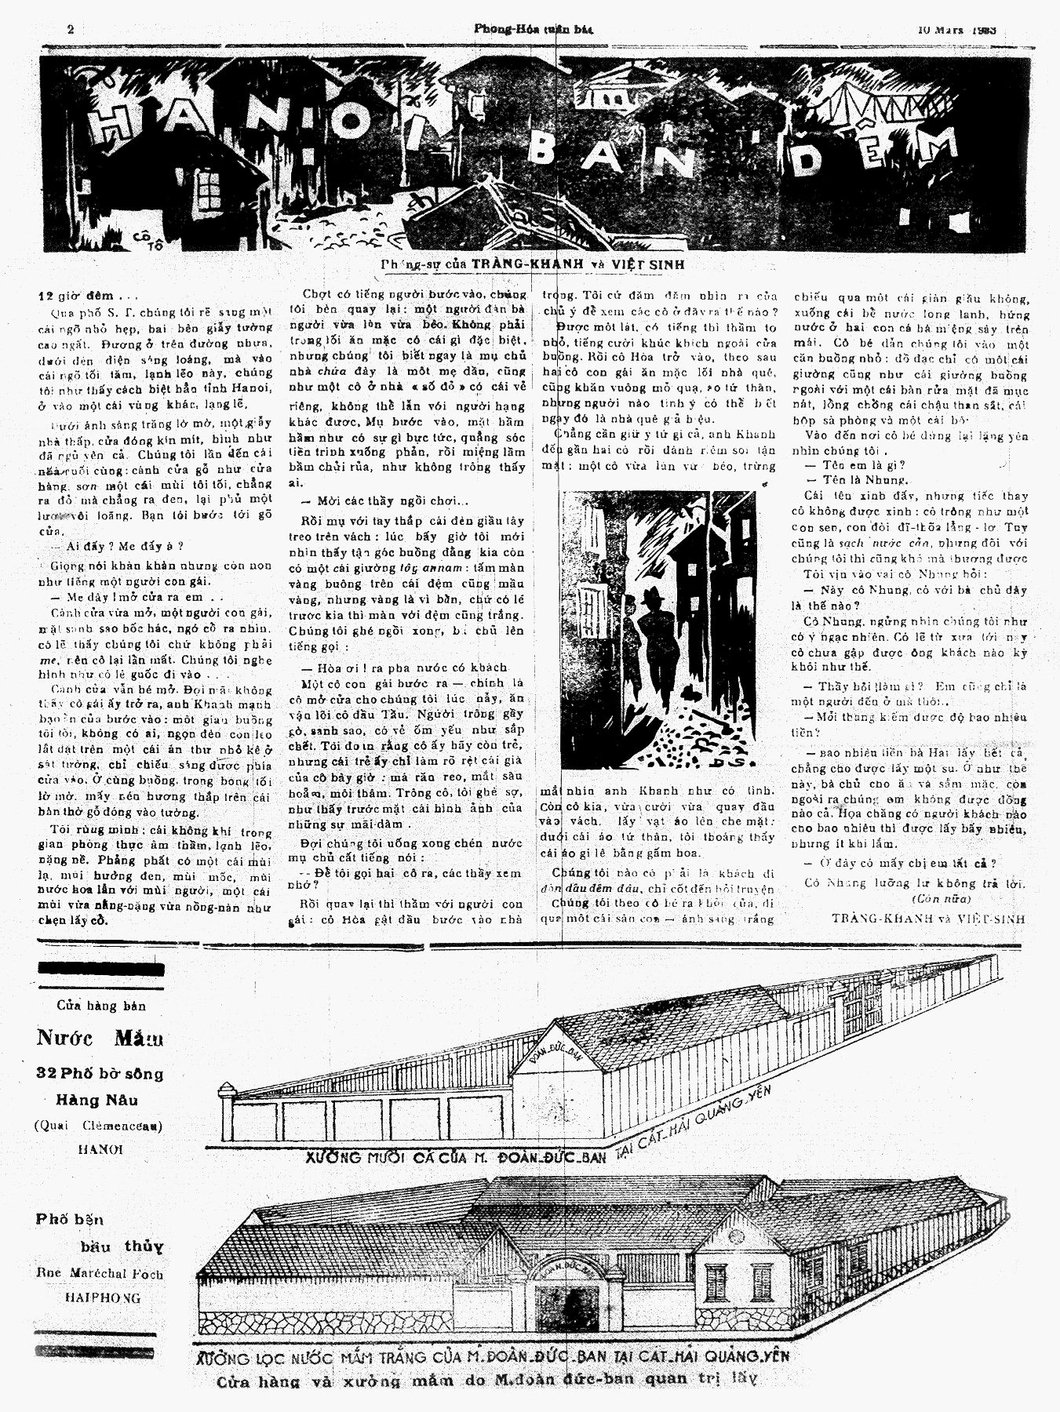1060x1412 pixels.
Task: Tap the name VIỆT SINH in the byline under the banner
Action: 643,265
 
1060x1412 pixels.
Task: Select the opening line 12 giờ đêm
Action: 87,297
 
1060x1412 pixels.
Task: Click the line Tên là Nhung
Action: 854,480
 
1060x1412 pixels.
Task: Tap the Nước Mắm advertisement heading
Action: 100,1039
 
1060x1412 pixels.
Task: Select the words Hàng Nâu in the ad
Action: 99,1100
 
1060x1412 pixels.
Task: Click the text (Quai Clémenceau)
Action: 98,1125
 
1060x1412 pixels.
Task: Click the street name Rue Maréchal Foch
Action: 100,1275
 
